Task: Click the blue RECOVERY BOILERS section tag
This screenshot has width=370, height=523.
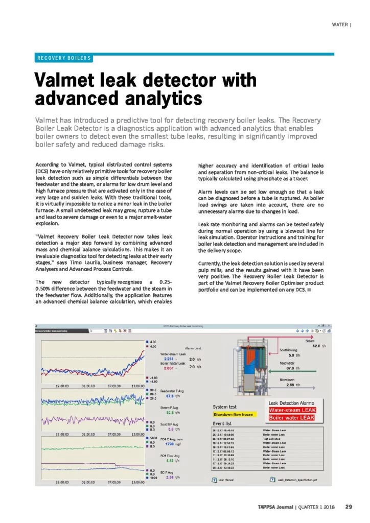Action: [64, 58]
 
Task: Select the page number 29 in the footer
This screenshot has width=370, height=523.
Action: [349, 507]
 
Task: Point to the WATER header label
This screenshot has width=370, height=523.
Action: [339, 24]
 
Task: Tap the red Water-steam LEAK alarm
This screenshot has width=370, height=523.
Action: [290, 410]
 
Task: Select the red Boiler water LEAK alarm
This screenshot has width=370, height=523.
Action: [290, 418]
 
